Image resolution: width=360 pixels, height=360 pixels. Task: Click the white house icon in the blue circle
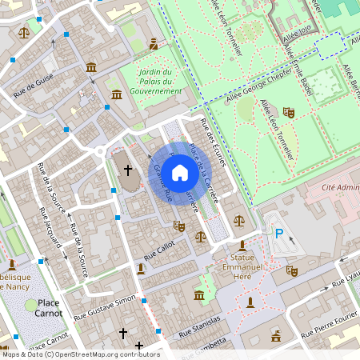pos(180,172)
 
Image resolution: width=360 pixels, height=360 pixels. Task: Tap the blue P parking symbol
pos(279,234)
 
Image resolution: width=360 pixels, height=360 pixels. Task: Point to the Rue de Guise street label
pos(34,87)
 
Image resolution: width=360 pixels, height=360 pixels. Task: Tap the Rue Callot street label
pos(158,251)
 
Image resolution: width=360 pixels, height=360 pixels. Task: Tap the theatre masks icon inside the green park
pos(289,113)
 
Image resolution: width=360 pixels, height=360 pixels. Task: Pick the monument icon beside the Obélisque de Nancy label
pos(12,264)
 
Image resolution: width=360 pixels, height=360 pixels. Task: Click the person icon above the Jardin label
pos(154,45)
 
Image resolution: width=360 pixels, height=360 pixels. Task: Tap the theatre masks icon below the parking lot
pos(293,272)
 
